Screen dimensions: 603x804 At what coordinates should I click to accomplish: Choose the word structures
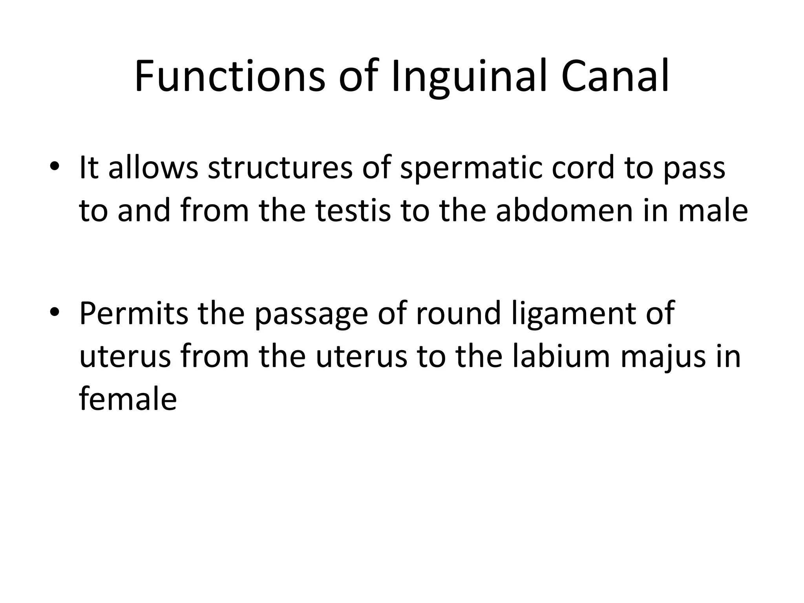(280, 168)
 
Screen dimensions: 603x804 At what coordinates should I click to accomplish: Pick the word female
(128, 399)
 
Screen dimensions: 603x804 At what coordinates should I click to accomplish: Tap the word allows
(153, 168)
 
